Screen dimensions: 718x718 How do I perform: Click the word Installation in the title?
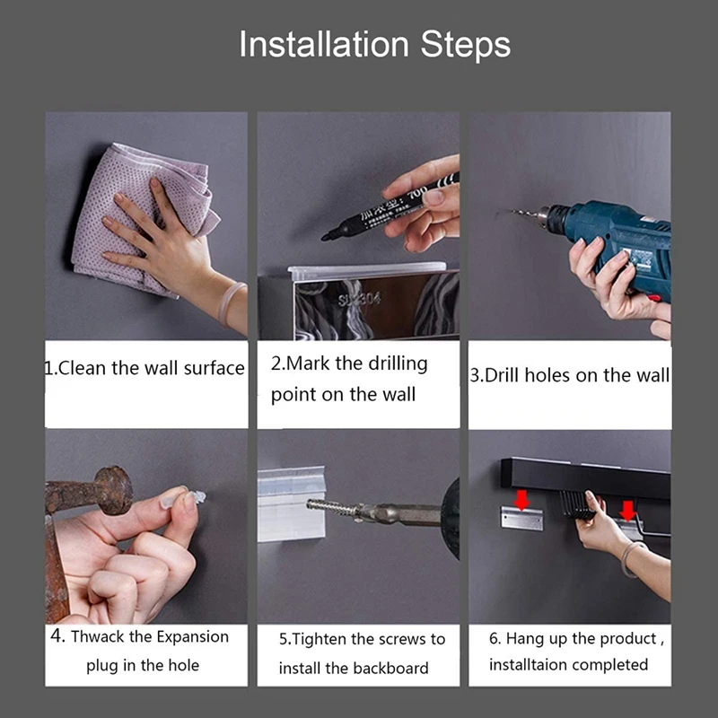[x=324, y=44]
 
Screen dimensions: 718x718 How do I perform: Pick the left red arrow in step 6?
[x=521, y=500]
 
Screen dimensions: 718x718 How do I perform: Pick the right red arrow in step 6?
[x=627, y=511]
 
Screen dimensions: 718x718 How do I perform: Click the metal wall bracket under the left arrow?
[x=521, y=519]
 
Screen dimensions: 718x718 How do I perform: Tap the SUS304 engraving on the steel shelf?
[x=360, y=300]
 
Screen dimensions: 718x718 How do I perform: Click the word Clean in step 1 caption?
[x=82, y=368]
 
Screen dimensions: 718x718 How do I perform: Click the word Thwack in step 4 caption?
[x=98, y=636]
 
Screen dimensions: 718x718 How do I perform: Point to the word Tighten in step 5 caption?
[x=320, y=639]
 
